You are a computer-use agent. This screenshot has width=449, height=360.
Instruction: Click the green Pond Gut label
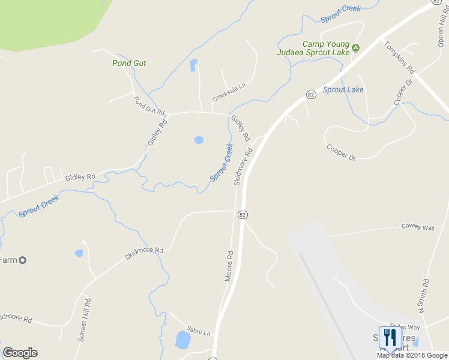tap(129, 63)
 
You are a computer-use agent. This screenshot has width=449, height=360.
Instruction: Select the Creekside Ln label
tap(229, 92)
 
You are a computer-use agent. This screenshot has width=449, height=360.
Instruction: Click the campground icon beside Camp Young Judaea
tap(355, 47)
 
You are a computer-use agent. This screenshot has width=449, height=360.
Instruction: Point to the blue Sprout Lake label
tap(343, 89)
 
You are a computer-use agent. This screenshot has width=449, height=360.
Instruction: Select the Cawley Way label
tap(418, 227)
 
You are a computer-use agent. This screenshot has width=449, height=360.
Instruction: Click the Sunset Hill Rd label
tap(84, 320)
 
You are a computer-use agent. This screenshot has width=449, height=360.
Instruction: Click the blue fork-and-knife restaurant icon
tap(391, 338)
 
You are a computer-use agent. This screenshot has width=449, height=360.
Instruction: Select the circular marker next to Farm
tap(23, 260)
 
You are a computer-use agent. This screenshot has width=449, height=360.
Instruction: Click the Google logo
tap(20, 353)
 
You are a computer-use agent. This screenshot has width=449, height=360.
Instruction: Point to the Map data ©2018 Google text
tap(412, 355)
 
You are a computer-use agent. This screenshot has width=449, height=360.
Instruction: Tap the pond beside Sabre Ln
tap(182, 340)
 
